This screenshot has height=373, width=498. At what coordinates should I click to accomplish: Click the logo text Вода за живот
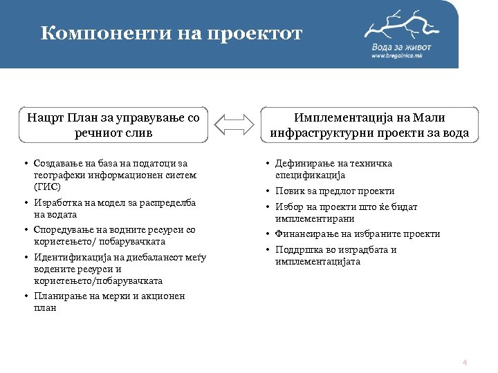pos(401,46)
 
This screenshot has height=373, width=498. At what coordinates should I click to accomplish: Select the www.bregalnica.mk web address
pos(401,56)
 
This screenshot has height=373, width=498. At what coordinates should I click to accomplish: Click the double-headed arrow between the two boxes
pos(234,124)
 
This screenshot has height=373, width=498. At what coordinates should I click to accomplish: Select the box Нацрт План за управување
pos(114,124)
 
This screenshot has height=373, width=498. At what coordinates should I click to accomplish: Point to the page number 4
pos(465,363)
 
